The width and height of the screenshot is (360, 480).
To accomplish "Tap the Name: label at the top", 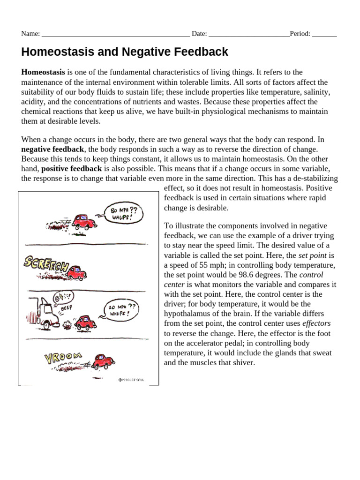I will [x=30, y=34].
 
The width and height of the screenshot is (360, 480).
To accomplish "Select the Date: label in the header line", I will [x=199, y=34].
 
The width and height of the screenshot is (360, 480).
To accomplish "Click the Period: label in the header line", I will [x=300, y=34].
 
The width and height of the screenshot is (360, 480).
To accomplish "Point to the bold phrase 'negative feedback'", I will [x=52, y=149].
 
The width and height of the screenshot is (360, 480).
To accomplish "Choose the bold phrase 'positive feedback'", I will [x=71, y=168].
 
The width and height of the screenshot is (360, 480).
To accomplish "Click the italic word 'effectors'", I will [x=316, y=323].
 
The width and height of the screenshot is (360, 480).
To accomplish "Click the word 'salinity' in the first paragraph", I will [x=317, y=92].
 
